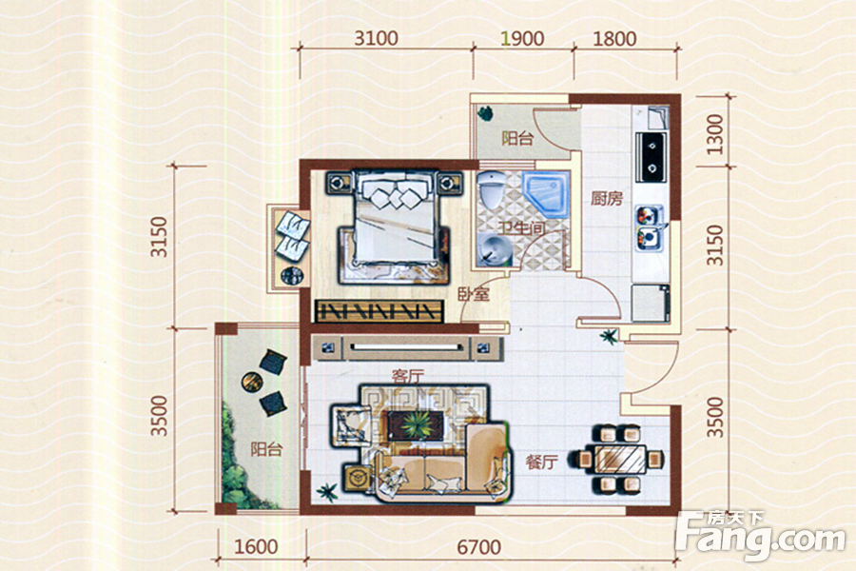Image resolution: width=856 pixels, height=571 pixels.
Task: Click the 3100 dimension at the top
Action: coord(376,38)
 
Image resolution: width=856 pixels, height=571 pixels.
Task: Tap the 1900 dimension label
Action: coord(523,38)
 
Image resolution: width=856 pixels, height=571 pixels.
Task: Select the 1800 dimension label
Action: coord(614,38)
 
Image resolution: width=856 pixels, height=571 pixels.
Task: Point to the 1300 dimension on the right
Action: coord(714,134)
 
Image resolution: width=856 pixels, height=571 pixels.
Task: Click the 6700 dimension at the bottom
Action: coord(478,547)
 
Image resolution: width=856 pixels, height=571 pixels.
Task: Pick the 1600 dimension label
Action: coord(256,547)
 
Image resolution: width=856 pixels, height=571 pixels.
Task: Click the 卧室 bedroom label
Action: coord(474,294)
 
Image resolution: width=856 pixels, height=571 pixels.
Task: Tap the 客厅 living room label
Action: coord(408,377)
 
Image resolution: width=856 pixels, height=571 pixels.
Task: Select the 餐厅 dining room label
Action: coord(541,463)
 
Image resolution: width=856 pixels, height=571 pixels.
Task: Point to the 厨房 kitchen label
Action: coord(607,198)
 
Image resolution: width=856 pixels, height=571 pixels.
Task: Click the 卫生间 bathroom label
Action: coord(521,227)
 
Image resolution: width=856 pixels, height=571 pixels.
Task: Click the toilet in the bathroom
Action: coord(492,189)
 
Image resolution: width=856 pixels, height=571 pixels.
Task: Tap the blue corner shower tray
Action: coord(547,194)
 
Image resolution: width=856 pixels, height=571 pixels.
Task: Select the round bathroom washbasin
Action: coord(493,251)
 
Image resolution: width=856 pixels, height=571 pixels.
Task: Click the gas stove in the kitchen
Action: coord(652,157)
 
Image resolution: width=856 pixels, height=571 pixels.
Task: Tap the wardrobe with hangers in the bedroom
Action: coord(379,311)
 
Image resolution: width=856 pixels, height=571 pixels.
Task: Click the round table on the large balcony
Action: coord(252,381)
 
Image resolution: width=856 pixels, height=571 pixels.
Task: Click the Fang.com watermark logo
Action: coord(760,537)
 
